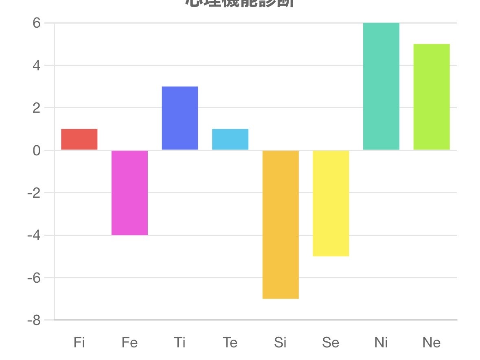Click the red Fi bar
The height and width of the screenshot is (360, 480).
pos(79,140)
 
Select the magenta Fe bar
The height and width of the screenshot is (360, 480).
pos(129,192)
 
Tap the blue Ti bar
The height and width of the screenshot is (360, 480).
pos(180,118)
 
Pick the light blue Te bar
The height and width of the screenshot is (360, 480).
pos(230,140)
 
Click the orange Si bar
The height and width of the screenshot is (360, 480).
pos(281,224)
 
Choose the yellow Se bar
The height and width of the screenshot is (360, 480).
pos(331,203)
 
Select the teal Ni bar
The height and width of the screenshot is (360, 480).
pos(381,86)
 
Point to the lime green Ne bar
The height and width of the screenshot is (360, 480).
pos(432,97)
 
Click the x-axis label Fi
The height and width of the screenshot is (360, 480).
pos(79,343)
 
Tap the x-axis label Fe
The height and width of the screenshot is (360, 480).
pos(129,343)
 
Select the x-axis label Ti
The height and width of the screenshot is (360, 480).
pos(180,343)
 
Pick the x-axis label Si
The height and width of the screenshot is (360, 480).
pos(280,343)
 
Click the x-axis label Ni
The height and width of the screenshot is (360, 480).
pos(381,343)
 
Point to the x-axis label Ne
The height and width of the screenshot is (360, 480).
pos(432,343)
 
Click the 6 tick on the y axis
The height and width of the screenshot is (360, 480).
pos(37,23)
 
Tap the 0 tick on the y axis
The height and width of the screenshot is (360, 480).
pos(37,151)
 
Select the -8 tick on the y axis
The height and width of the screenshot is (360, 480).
pos(34,321)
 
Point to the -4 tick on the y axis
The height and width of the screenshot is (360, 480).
pos(34,236)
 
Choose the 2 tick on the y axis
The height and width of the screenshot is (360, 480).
pos(37,108)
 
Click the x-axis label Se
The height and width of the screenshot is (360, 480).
pos(331,343)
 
